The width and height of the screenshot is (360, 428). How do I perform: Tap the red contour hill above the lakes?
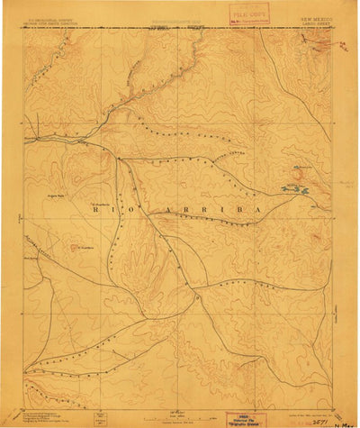pyautogui.click(x=299, y=168)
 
